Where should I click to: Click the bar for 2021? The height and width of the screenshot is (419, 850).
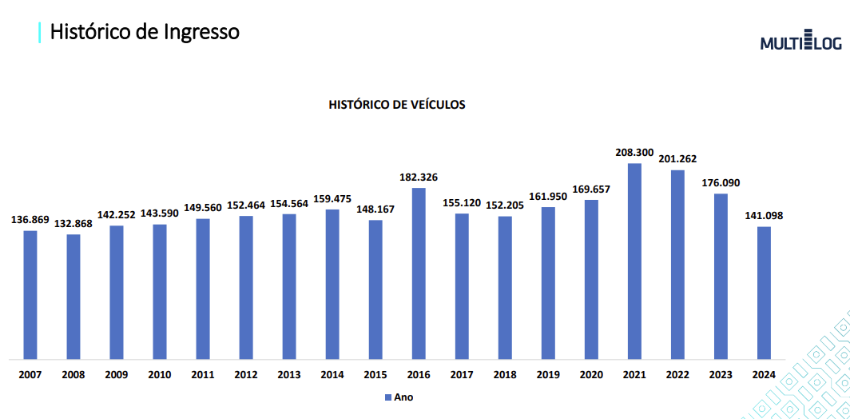click(x=635, y=261)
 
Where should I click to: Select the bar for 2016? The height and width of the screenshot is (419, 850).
click(x=419, y=273)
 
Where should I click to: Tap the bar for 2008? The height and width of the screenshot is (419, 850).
click(x=73, y=296)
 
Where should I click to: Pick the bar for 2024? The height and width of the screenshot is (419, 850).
click(x=765, y=293)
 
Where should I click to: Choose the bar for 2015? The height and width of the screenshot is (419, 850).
click(x=375, y=289)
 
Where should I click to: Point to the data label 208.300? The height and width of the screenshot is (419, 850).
click(x=634, y=150)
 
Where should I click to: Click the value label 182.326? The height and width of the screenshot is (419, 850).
click(x=419, y=176)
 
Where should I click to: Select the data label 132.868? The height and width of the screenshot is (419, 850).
click(x=73, y=222)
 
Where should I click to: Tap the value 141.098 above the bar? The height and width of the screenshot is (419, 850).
click(x=765, y=215)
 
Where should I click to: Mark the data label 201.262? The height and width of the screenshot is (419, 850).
click(x=678, y=158)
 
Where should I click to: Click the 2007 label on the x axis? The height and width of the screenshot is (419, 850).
click(x=30, y=373)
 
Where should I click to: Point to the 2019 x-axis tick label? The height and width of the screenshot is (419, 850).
click(x=548, y=373)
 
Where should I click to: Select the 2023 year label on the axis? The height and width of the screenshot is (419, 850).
click(x=721, y=373)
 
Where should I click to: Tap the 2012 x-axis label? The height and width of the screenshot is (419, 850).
click(x=246, y=373)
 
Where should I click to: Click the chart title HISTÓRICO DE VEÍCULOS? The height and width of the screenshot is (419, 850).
click(x=397, y=105)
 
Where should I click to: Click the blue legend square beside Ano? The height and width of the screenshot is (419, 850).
click(x=388, y=397)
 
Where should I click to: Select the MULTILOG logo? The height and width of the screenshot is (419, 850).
click(x=800, y=42)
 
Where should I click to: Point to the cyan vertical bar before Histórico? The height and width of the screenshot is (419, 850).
click(x=39, y=32)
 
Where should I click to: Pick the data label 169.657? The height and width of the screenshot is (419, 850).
click(x=591, y=188)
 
